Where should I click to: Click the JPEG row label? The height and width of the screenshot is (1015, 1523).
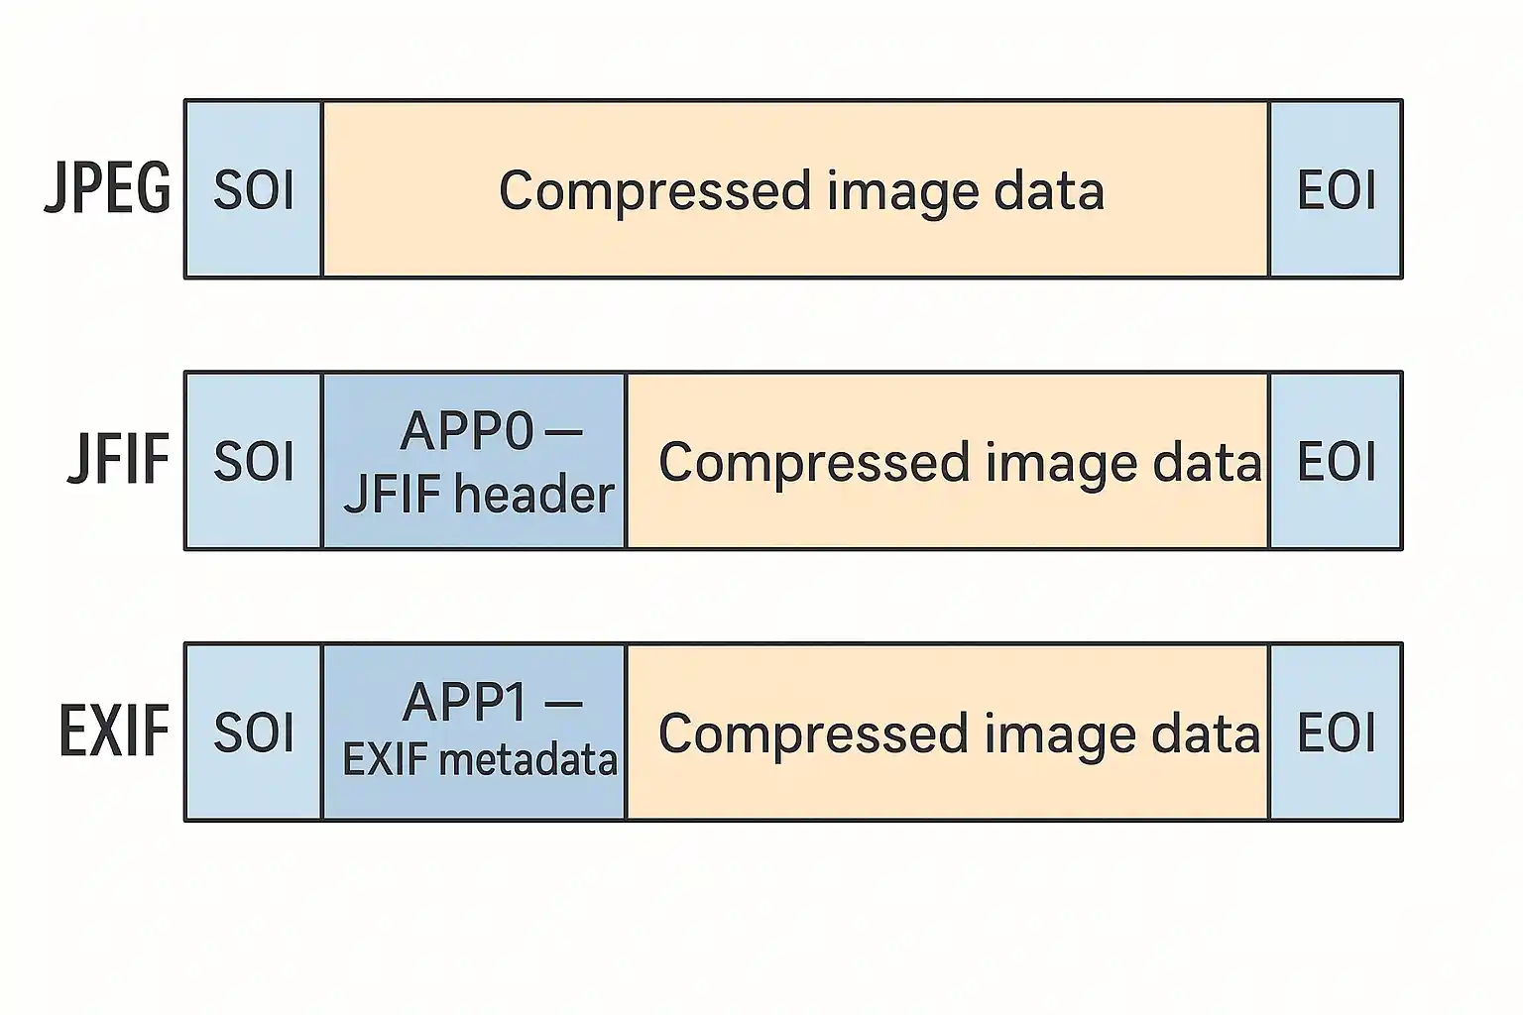(x=108, y=188)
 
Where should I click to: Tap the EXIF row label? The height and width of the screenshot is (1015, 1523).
(x=114, y=732)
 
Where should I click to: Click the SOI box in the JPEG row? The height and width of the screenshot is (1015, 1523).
(x=254, y=189)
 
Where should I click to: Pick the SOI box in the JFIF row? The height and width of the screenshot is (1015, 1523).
(x=254, y=461)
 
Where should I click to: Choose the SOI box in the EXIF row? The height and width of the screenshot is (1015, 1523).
(x=254, y=733)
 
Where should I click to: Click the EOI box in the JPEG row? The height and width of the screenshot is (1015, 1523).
(x=1336, y=189)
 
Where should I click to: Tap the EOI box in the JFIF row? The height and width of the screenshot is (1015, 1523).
(x=1336, y=461)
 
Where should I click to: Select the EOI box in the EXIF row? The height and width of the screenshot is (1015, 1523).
(x=1336, y=733)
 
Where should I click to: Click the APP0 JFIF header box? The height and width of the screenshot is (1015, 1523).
(x=475, y=461)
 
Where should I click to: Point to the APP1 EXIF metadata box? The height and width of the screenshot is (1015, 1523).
(x=475, y=733)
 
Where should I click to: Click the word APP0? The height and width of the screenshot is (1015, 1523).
(x=467, y=431)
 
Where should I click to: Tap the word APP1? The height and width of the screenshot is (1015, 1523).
(x=466, y=703)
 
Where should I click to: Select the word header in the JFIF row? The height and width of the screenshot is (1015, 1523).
(x=534, y=494)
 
